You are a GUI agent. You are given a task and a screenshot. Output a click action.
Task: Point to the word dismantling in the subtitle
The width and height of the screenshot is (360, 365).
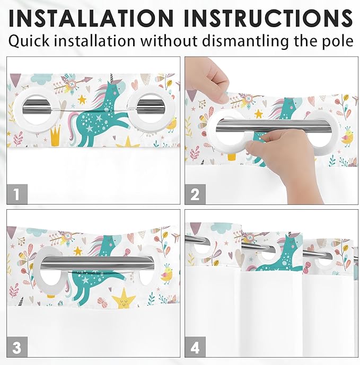(x=239, y=41)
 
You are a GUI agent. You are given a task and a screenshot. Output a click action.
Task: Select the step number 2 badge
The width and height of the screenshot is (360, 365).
(x=195, y=194)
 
